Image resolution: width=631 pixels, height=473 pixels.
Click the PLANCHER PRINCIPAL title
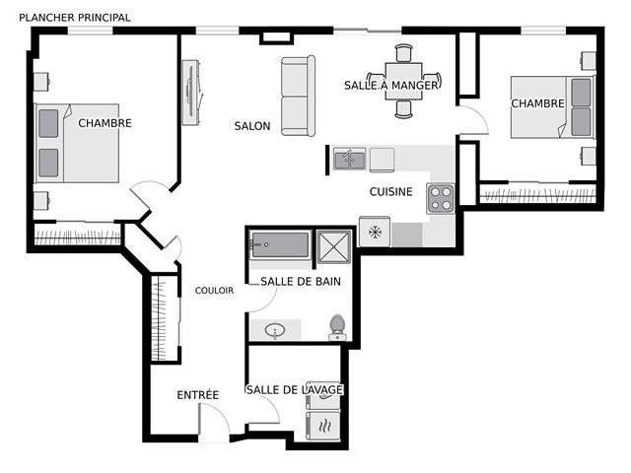click(x=75, y=18)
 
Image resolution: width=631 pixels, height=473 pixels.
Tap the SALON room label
click(x=252, y=126)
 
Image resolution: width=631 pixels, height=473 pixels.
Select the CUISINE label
click(x=391, y=192)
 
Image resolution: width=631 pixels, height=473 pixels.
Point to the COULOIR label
click(x=214, y=291)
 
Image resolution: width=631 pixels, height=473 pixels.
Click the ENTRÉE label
click(x=198, y=395)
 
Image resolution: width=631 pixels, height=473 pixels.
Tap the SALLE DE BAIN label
click(x=301, y=282)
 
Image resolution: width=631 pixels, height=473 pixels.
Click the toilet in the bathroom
click(x=337, y=327)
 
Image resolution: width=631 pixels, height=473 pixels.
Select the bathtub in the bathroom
click(x=280, y=244)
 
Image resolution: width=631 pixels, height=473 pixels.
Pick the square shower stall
click(x=334, y=246)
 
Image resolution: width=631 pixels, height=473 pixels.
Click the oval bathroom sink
click(x=275, y=331)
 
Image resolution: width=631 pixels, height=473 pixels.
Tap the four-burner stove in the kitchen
click(x=441, y=199)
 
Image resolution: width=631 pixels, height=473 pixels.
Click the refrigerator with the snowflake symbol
click(x=375, y=232)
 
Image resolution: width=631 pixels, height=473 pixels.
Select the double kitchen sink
click(x=350, y=159)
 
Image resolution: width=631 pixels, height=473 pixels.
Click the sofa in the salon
click(x=298, y=96)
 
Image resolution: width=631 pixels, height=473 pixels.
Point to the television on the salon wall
click(x=191, y=93)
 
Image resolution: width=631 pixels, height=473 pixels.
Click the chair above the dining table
click(x=403, y=53)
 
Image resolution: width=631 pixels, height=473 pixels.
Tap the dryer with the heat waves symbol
click(x=323, y=426)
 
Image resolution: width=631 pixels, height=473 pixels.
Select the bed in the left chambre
click(x=77, y=143)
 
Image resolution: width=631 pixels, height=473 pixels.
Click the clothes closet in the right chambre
click(x=538, y=194)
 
